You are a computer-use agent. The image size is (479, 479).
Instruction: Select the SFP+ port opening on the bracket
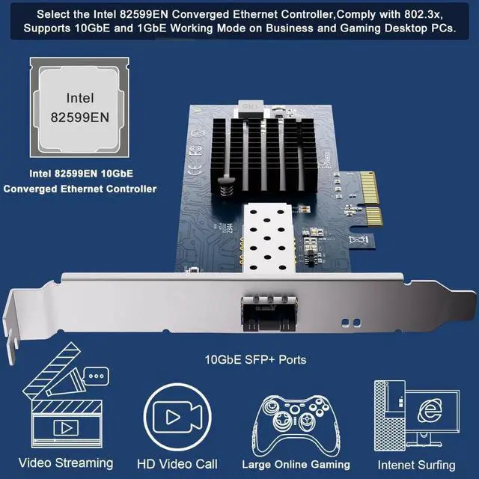[268, 312]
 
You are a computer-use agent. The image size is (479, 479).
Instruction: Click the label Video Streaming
[66, 463]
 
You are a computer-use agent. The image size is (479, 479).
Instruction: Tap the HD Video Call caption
[177, 464]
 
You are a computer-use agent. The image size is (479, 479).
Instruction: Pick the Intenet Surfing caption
[416, 464]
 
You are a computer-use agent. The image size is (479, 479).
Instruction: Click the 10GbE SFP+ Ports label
[255, 359]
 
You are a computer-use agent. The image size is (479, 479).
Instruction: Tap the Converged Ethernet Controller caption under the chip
[80, 189]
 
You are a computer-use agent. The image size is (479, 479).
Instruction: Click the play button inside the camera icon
[171, 418]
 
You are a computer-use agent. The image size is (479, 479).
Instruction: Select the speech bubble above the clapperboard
[96, 375]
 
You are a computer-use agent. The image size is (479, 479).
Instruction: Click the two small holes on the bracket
[345, 323]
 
